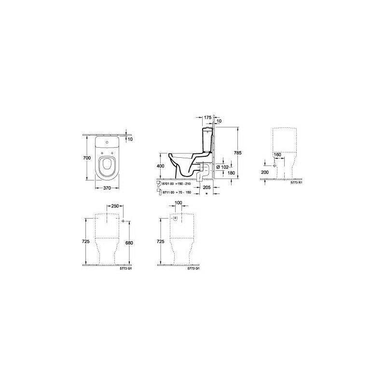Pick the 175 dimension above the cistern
(x=207, y=117)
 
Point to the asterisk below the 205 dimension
(x=207, y=193)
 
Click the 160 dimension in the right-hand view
(x=277, y=155)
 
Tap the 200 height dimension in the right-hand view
(x=264, y=171)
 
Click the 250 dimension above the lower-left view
(x=114, y=207)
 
